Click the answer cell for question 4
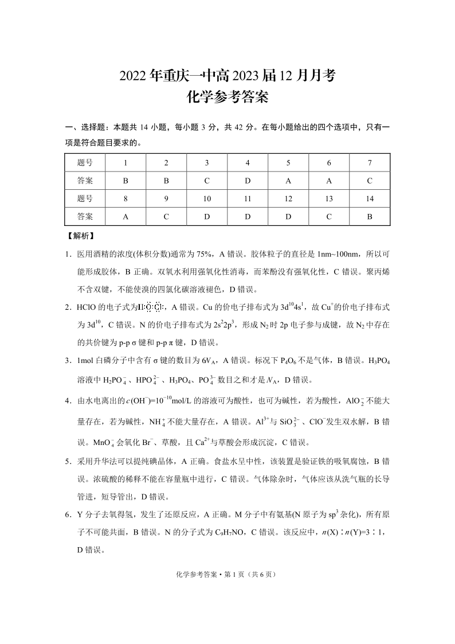[x=248, y=181]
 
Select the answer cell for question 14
[x=370, y=217]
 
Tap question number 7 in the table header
[x=370, y=163]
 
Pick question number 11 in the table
[x=248, y=199]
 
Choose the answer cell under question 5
[x=288, y=181]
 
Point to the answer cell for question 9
[x=166, y=217]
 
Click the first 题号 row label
[x=85, y=163]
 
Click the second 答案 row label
[x=85, y=217]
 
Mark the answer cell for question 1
[x=125, y=181]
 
